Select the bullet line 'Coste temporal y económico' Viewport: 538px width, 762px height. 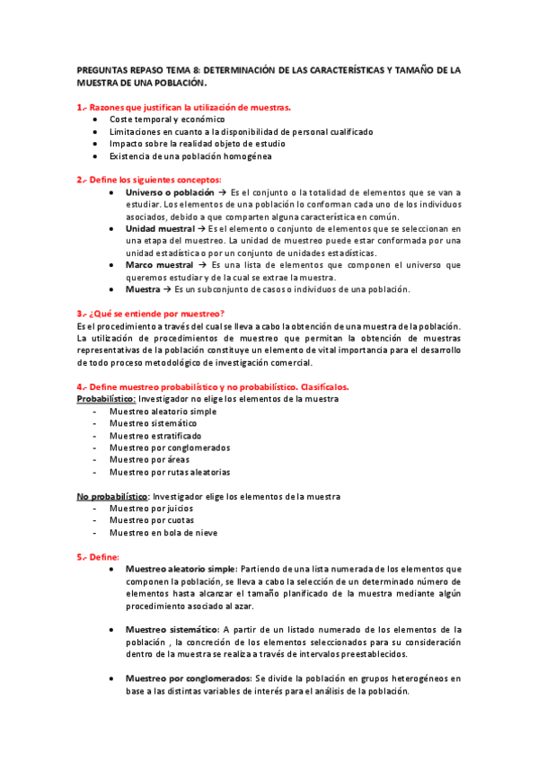tap(167, 120)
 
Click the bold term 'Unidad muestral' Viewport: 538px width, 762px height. tap(159, 228)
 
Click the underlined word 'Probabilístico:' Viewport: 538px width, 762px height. tap(106, 398)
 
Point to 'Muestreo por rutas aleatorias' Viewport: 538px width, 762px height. tap(169, 472)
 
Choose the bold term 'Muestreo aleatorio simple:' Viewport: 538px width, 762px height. tap(181, 569)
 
